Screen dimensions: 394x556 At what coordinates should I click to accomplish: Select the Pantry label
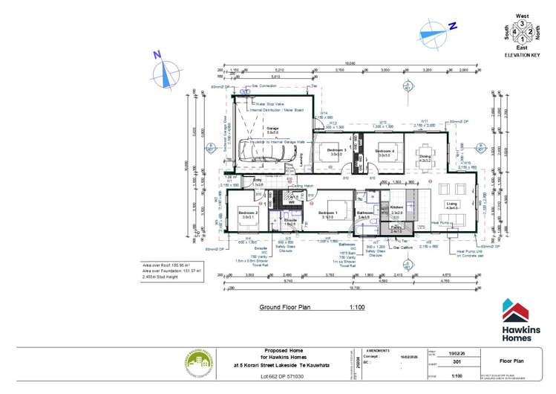point(396,228)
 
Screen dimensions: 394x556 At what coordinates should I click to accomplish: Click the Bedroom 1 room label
point(328,213)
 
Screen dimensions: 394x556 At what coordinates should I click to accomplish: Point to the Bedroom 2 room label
point(247,213)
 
